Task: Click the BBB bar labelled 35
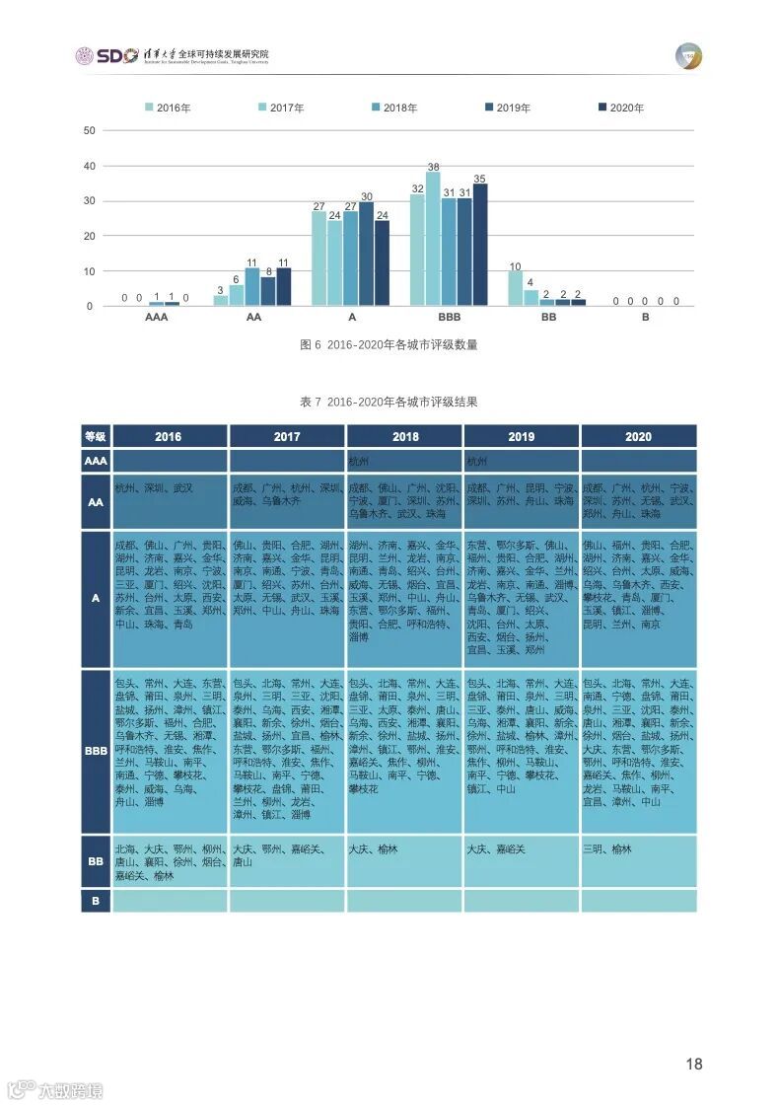click(x=480, y=245)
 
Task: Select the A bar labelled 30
click(x=366, y=254)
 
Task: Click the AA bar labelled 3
click(x=221, y=300)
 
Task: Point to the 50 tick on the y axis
click(x=90, y=130)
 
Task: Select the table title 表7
click(x=389, y=402)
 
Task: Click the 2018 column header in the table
click(x=404, y=436)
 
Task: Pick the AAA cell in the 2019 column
click(x=521, y=461)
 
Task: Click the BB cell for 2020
click(x=638, y=861)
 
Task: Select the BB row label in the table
click(x=96, y=861)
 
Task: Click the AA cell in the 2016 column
click(x=170, y=501)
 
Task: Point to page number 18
click(x=694, y=1064)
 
